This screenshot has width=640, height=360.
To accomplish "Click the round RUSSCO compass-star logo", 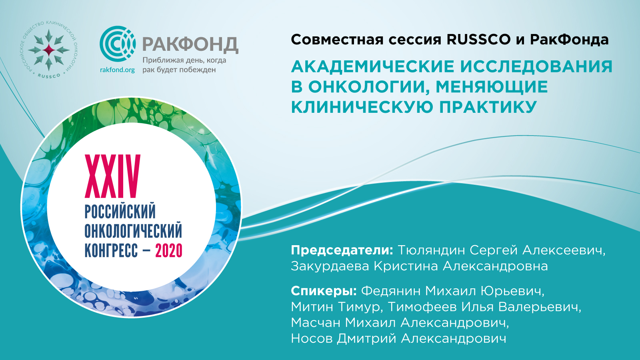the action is tap(49, 50).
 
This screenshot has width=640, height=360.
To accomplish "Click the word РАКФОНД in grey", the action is tap(190, 44).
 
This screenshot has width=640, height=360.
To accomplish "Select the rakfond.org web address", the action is tap(118, 70).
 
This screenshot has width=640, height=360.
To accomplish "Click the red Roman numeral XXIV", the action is tap(112, 176).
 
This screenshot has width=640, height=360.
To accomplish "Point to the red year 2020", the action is tap(168, 251).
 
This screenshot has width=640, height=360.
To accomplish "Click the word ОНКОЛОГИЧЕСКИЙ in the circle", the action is tap(133, 230).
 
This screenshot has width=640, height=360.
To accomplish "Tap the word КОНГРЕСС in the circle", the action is tap(111, 251).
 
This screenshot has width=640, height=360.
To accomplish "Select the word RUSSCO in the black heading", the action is tap(478, 40).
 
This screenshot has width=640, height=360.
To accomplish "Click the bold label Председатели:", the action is tap(342, 250).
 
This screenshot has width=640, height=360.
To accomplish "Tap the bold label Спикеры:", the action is tap(324, 291).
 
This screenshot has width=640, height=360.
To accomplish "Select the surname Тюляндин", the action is tap(431, 250).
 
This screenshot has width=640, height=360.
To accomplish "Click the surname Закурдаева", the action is tap(330, 266).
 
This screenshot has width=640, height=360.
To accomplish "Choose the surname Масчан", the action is tap(316, 323).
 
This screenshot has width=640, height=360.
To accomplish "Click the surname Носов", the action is tap(312, 339).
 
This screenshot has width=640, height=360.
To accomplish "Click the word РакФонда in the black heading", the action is tap(570, 40).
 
